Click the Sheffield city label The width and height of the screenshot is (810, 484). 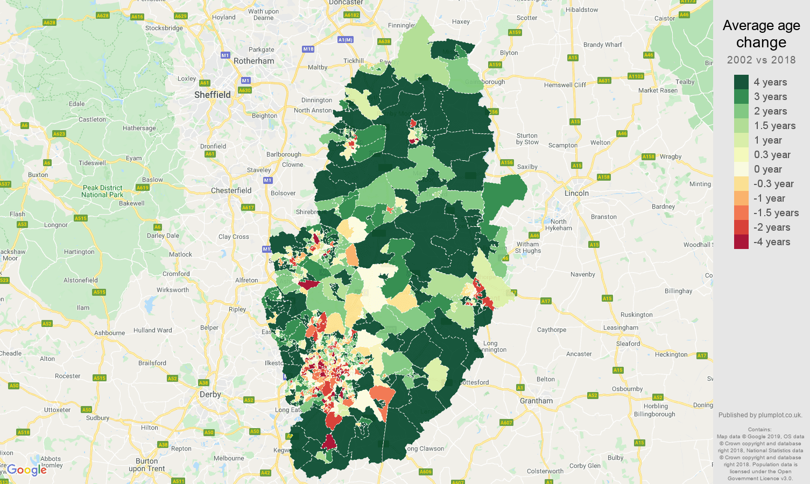click(x=212, y=95)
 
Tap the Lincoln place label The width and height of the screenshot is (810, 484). click(x=576, y=193)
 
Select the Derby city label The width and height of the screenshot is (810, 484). click(x=210, y=394)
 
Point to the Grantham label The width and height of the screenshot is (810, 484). click(x=536, y=401)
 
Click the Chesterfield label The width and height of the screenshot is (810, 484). click(x=231, y=190)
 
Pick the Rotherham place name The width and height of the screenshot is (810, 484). click(x=253, y=61)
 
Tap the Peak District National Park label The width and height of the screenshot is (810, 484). click(x=102, y=191)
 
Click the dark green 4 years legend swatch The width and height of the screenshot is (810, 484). click(x=741, y=82)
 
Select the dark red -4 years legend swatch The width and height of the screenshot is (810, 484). click(x=741, y=242)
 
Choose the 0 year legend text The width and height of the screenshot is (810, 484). click(x=767, y=169)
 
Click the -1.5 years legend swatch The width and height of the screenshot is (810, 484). click(x=741, y=213)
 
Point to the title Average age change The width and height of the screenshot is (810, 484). click(x=761, y=33)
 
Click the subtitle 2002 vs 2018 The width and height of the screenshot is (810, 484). click(x=761, y=60)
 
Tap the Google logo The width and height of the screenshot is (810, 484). click(x=27, y=470)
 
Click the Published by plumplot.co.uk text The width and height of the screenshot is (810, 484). click(x=760, y=415)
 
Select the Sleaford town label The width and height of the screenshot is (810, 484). click(x=628, y=344)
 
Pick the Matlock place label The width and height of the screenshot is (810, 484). click(x=180, y=254)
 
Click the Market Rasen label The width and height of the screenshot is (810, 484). click(x=658, y=90)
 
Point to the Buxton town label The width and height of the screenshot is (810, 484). click(x=38, y=175)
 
